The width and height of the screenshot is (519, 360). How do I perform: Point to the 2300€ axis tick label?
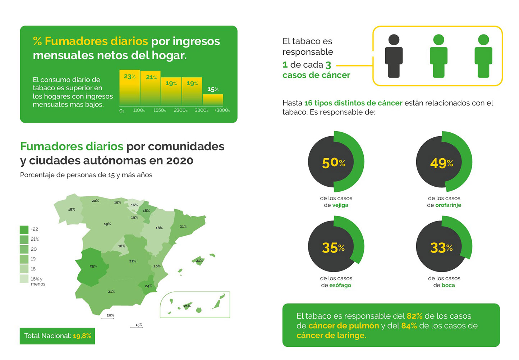(180, 110)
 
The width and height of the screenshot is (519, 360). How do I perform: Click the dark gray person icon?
(394, 56)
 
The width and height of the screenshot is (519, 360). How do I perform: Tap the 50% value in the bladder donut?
(334, 163)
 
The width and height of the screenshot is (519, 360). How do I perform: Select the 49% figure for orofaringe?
(441, 163)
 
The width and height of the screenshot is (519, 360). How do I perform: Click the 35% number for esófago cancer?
(333, 248)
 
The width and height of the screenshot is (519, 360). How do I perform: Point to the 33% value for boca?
(441, 248)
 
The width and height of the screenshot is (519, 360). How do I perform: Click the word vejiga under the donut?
(340, 205)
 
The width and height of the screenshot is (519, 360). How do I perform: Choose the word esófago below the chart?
(340, 286)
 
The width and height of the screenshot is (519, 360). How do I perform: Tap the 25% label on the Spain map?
(93, 266)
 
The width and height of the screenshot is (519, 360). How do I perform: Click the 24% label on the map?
(148, 286)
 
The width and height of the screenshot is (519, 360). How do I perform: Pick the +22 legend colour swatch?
(24, 229)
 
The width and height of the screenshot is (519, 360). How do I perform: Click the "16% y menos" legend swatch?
(24, 279)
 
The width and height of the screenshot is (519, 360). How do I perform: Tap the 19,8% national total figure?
(82, 336)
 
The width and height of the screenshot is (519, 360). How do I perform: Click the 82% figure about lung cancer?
(414, 316)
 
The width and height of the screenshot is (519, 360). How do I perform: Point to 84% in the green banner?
(409, 326)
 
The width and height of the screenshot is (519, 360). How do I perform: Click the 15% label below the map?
(139, 325)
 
